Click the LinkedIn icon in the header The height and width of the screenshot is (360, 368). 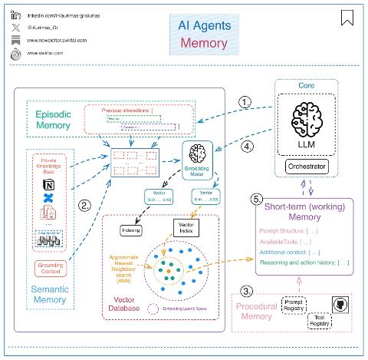point(16,15)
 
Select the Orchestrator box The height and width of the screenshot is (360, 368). point(311,166)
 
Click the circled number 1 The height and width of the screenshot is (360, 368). point(245,101)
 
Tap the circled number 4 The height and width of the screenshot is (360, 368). point(247,146)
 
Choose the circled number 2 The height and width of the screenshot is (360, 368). point(85,205)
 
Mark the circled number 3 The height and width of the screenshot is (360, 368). point(245,292)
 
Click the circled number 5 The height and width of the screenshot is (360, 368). point(257,199)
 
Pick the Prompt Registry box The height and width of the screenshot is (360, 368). point(295,305)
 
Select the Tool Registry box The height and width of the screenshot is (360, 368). point(320,321)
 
